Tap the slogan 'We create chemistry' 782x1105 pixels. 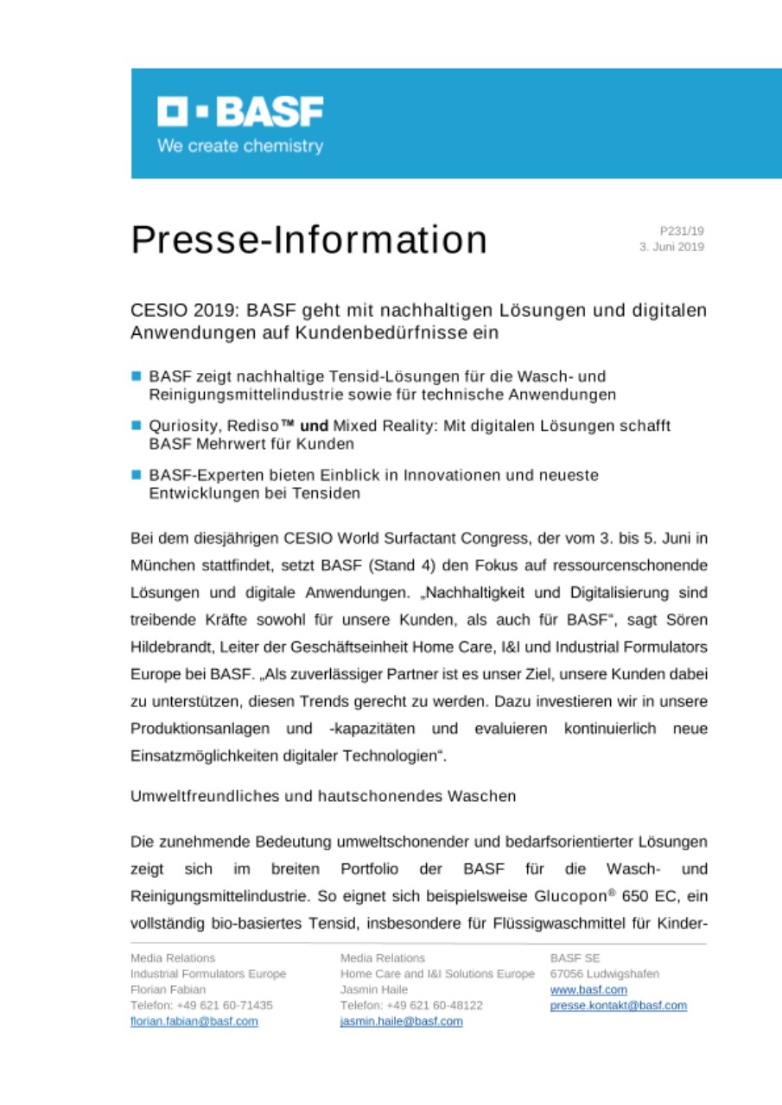tap(240, 146)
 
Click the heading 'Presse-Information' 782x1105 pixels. tap(308, 240)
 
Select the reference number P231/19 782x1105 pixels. tap(682, 230)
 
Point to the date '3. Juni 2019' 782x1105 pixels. tap(671, 247)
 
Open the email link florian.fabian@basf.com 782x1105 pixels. tap(194, 1021)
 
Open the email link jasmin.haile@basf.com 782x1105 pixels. tap(401, 1021)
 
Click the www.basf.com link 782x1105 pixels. tap(588, 990)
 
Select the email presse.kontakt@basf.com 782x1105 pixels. tap(618, 1006)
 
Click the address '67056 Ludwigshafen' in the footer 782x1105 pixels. tap(604, 974)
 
